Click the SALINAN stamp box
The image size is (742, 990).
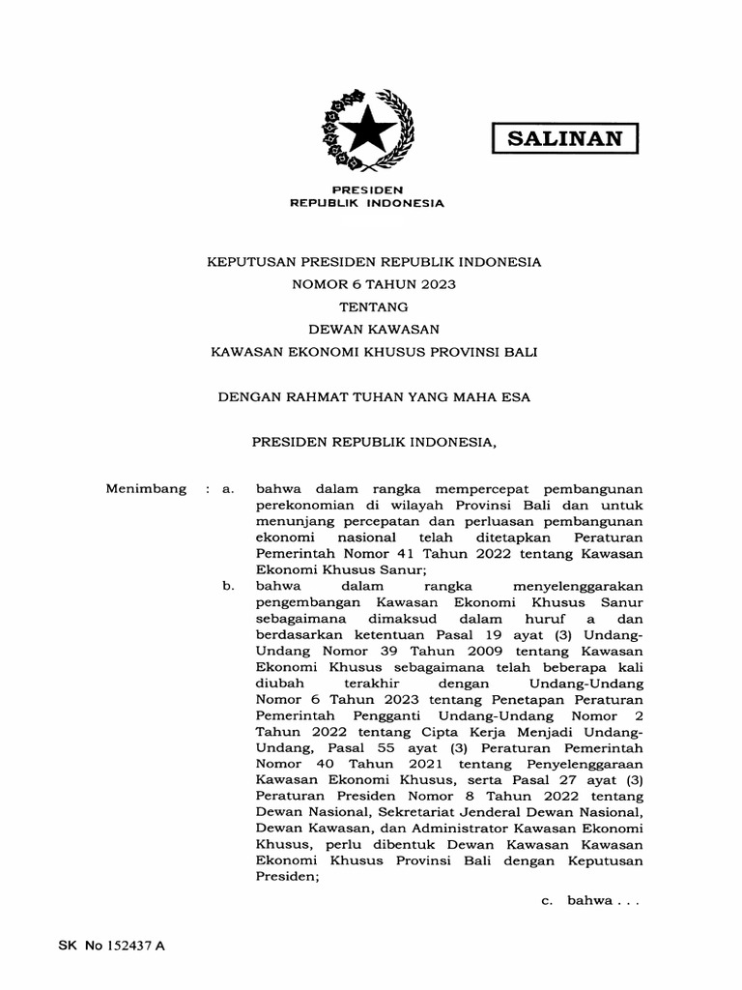pos(565,137)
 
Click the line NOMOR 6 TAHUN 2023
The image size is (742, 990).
pos(373,284)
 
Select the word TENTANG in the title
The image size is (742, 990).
pos(373,306)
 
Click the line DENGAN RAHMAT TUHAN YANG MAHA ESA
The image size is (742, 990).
pos(373,396)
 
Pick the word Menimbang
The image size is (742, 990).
pos(145,489)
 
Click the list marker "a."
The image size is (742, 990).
pos(229,489)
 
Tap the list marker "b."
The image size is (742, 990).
pos(229,585)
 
